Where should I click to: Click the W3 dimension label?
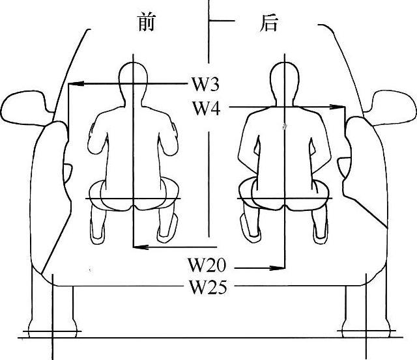point(205,84)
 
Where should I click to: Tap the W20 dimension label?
point(207,266)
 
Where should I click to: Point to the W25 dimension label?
point(208,286)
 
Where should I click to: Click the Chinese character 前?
point(148,23)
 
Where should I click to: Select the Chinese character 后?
point(268,23)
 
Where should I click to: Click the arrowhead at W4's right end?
point(339,107)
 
